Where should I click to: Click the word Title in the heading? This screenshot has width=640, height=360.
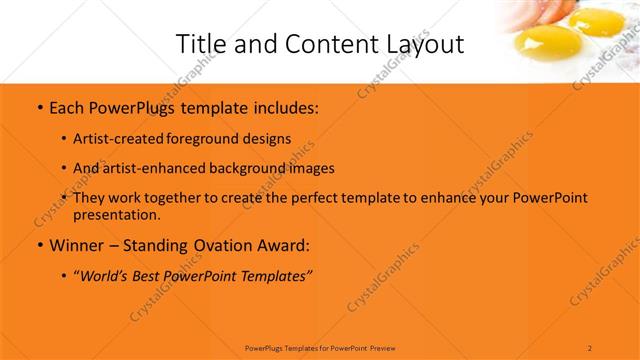[200, 44]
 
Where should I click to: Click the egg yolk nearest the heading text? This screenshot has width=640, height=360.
[537, 43]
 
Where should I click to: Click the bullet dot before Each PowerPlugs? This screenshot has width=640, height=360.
[38, 105]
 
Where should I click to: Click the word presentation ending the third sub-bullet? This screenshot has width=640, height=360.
[117, 215]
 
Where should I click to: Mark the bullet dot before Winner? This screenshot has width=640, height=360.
[38, 245]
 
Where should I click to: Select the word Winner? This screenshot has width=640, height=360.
[78, 245]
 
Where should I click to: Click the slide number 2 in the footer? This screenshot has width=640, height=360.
[590, 347]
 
